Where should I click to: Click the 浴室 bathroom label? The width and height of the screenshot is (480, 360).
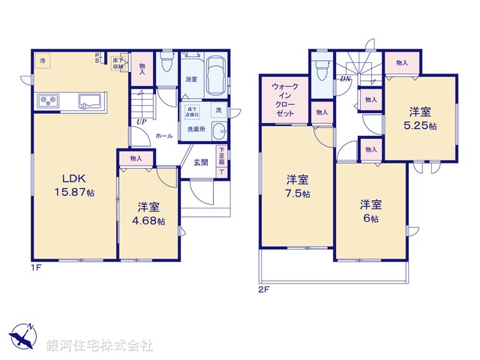(191, 79)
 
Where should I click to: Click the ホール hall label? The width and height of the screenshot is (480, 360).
(164, 136)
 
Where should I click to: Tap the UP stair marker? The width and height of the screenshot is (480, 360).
(141, 121)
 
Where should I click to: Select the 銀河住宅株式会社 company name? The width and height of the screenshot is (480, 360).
(99, 346)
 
